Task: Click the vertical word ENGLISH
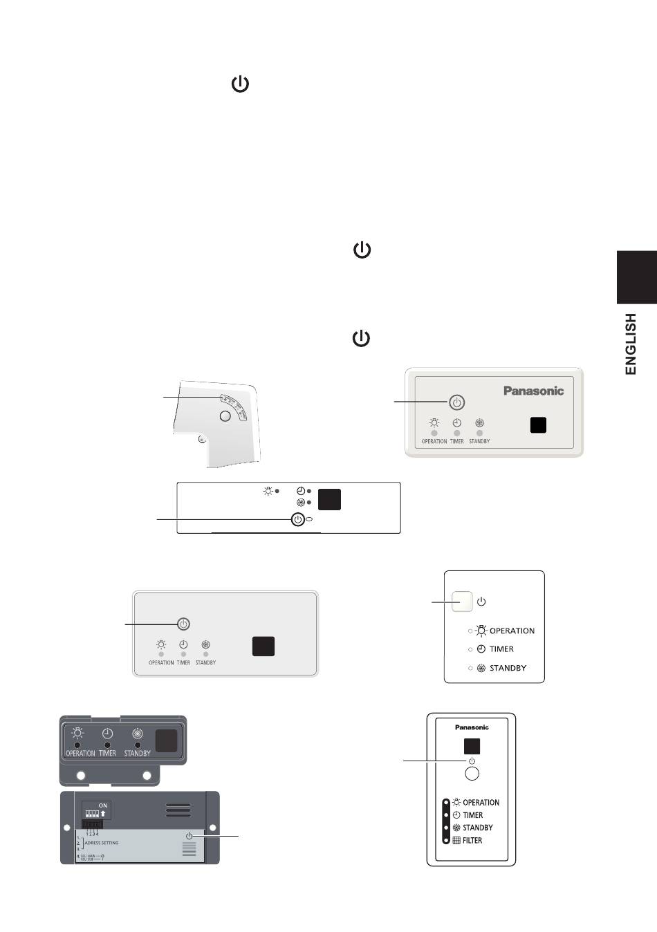pos(630,344)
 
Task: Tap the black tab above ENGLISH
pos(636,277)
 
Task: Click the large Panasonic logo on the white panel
pos(533,391)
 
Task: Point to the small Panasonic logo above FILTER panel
pos(472,727)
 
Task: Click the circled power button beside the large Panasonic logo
pos(456,402)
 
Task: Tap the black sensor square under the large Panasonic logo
pos(538,425)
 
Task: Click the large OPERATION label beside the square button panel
pos(512,631)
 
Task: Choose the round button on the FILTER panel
pos(472,774)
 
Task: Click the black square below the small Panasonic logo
pos(472,747)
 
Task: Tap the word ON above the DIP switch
pos(103,805)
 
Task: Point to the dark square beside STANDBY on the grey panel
pos(166,741)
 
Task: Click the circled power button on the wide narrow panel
pos(297,520)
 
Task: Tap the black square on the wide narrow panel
pos(329,499)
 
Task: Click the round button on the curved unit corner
pos(224,416)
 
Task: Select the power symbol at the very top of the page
pos(240,85)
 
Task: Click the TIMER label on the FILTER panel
pos(473,815)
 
